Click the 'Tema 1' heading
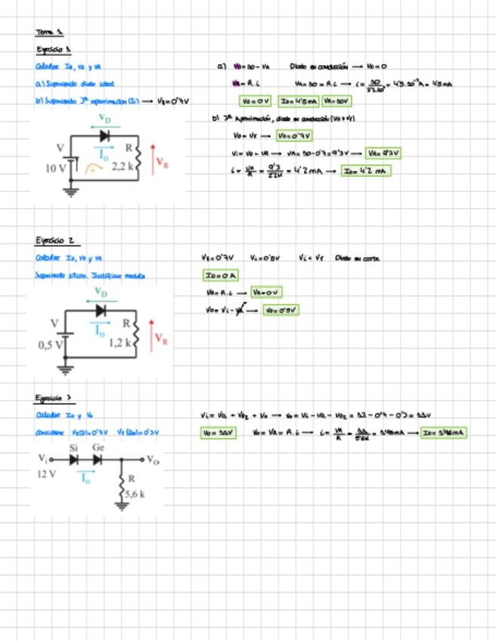pyautogui.click(x=49, y=32)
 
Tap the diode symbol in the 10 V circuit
pyautogui.click(x=104, y=137)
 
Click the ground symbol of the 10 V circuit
pyautogui.click(x=72, y=191)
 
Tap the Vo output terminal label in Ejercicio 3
pyautogui.click(x=153, y=459)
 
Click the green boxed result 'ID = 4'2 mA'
pyautogui.click(x=364, y=171)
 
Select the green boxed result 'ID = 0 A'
pyautogui.click(x=220, y=276)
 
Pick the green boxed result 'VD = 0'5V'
pyautogui.click(x=281, y=310)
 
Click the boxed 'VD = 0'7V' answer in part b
pyautogui.click(x=293, y=136)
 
